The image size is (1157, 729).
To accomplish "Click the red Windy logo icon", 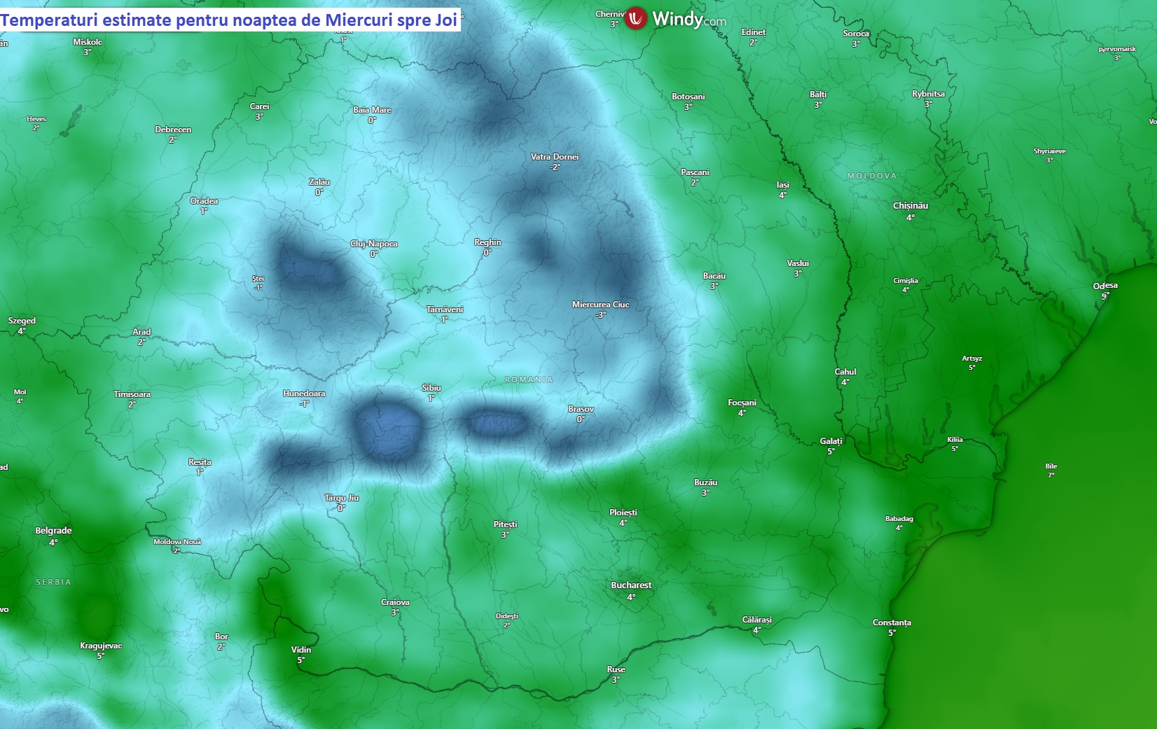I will (x=635, y=18).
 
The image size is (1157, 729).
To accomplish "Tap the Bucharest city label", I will (x=631, y=585).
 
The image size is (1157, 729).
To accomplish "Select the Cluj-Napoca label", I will (x=374, y=244).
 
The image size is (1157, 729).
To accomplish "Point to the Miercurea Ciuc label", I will (x=600, y=305).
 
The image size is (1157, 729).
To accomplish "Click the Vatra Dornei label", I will (x=555, y=157).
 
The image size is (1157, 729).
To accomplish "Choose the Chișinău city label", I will (x=910, y=206).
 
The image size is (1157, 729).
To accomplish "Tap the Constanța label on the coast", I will (x=892, y=623).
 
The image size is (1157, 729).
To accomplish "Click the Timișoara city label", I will (x=132, y=394).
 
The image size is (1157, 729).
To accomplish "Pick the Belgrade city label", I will (x=53, y=531).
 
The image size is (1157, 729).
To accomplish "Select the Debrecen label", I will (x=173, y=130).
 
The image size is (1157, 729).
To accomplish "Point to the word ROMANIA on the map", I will (x=529, y=380).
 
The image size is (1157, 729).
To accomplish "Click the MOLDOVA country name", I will (x=872, y=176).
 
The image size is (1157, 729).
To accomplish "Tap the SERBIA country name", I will (x=53, y=582).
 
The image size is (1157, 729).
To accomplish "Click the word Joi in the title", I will (x=445, y=20).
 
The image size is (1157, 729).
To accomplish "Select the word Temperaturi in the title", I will (x=50, y=20).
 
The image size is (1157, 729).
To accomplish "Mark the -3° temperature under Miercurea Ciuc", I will (x=600, y=315).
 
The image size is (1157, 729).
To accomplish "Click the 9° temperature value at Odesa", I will (x=1104, y=296).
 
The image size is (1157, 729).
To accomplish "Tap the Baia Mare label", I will (x=372, y=110).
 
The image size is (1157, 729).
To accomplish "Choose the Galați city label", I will (x=831, y=441).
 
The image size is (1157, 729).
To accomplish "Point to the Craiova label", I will (x=395, y=602).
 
